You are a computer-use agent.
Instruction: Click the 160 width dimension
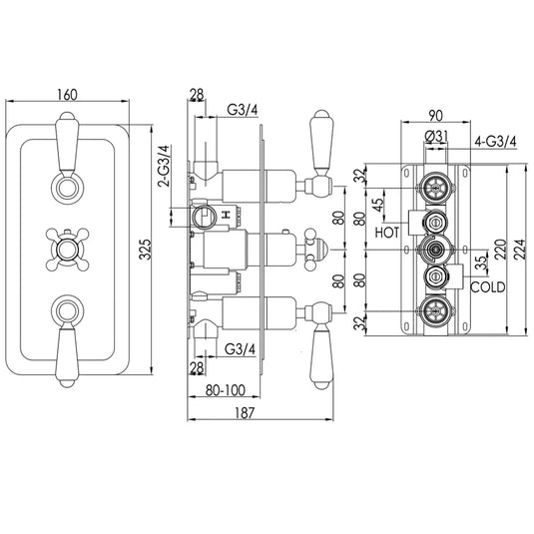[x=69, y=95]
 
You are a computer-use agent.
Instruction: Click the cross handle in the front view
[x=69, y=242]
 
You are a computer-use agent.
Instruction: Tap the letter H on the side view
[x=228, y=215]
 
